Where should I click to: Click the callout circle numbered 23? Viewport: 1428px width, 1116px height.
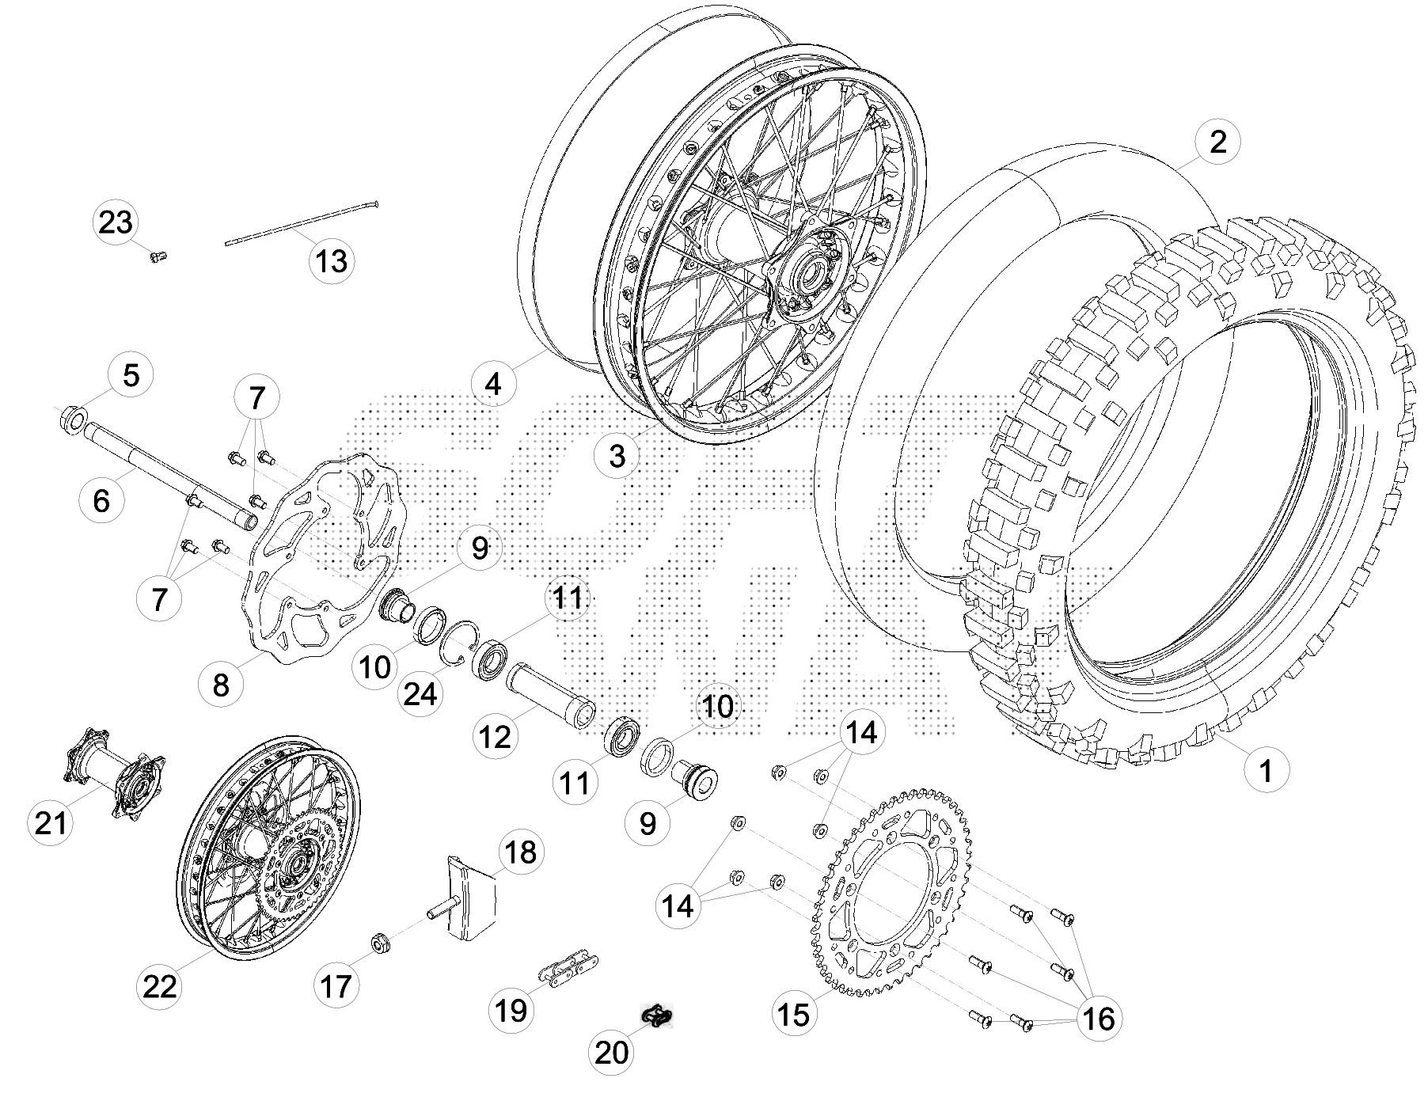point(116,222)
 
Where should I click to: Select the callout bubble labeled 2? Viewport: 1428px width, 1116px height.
point(1217,142)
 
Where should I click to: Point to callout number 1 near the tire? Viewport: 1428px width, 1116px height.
point(1265,769)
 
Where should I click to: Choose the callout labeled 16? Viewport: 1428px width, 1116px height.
point(1099,1018)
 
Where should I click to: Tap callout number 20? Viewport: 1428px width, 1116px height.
point(611,1052)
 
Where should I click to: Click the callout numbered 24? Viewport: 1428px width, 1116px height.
point(420,694)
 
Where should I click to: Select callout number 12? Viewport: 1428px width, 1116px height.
point(496,737)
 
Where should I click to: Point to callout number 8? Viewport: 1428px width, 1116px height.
point(221,684)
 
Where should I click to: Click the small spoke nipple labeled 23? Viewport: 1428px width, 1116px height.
point(158,256)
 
